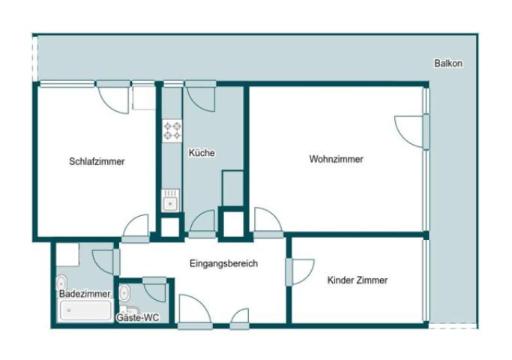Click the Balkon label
point(448,64)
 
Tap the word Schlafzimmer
point(97,161)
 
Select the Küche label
point(202,153)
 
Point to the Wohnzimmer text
point(336,159)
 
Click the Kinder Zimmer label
point(358,280)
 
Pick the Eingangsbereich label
point(223,263)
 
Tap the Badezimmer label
point(85,294)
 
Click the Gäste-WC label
point(138,318)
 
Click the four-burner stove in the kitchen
point(172,131)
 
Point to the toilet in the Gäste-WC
point(125,291)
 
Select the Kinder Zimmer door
point(301,271)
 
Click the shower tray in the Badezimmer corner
point(67,254)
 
